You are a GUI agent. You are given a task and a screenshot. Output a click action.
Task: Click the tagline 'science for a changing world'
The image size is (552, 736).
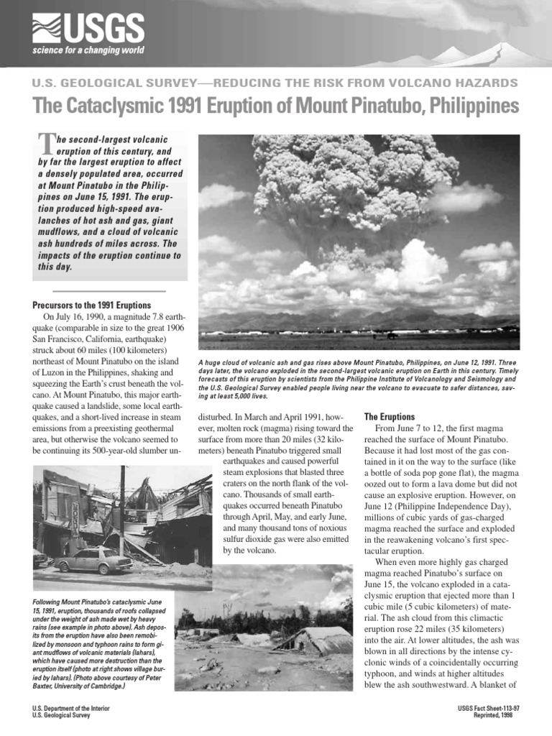[x=87, y=50]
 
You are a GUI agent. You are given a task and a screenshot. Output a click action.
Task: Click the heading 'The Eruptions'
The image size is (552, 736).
[x=389, y=416]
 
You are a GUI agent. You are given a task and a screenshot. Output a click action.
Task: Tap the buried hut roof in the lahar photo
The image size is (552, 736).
[x=309, y=638]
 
